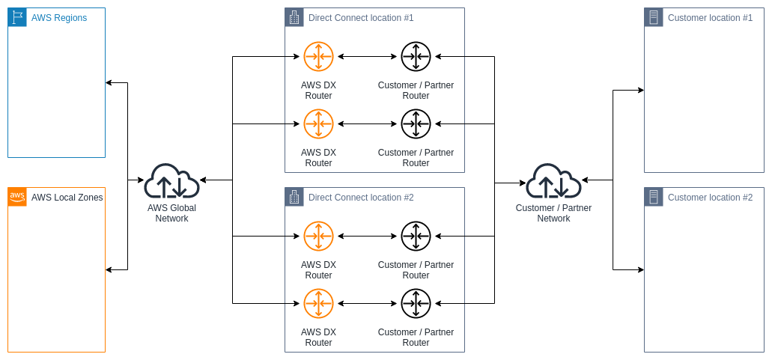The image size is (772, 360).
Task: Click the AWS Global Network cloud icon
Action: [171, 181]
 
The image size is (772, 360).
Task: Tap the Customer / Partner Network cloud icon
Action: [553, 181]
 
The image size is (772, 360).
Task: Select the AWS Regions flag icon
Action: [17, 17]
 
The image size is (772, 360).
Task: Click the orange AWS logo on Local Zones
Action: [17, 197]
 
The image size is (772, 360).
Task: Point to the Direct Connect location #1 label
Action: [361, 18]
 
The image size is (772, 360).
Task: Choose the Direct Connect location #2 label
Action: [361, 198]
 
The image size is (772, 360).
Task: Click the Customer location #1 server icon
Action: [654, 17]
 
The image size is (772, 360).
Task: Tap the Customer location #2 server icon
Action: [654, 197]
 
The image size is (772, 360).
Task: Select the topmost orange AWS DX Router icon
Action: [318, 56]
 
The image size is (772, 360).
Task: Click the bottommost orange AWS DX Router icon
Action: [318, 303]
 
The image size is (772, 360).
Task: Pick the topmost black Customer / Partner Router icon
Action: [416, 56]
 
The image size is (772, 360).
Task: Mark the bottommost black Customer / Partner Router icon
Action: [416, 303]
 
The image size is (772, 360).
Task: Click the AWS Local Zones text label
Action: [67, 198]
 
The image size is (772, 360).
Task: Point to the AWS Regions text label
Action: [59, 18]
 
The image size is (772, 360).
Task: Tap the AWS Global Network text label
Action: [171, 213]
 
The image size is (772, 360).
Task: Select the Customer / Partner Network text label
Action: [553, 213]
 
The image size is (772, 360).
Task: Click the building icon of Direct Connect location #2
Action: [294, 197]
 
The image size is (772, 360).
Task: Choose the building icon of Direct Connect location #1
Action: [294, 17]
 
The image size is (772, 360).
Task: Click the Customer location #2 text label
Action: [710, 198]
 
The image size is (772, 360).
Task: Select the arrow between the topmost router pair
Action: [367, 56]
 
